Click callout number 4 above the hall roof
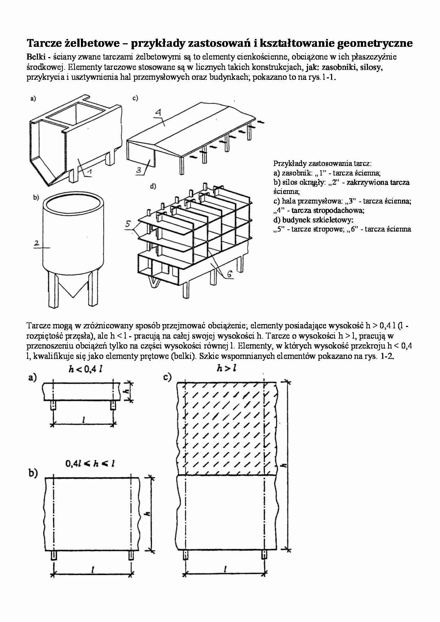coord(158,113)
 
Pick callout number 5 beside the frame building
coord(128,224)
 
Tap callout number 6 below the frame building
coord(229,274)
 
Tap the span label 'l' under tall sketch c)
coord(226,568)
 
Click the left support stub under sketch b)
coord(54,555)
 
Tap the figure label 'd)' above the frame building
coord(153,186)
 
